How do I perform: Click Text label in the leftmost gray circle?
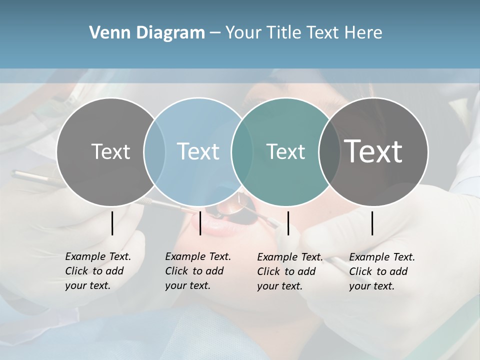(110, 151)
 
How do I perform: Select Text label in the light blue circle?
(198, 151)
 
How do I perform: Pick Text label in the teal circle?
(285, 151)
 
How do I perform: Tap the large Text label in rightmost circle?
(373, 151)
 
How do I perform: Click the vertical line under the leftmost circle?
(112, 223)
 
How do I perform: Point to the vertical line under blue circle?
(200, 223)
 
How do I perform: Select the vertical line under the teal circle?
(288, 223)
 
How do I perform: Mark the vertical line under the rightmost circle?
(372, 223)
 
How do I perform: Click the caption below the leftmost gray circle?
(98, 271)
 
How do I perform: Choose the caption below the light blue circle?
(198, 271)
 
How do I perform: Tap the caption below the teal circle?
(290, 271)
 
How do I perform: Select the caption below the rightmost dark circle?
(382, 271)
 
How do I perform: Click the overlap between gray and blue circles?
(154, 151)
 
